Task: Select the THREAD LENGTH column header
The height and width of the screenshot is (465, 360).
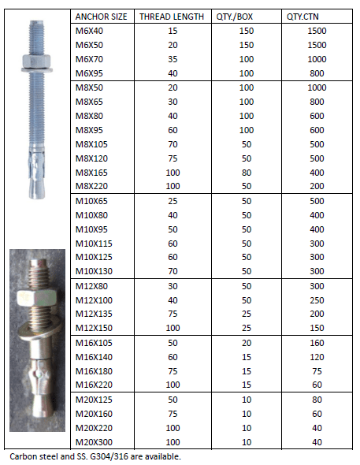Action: [x=171, y=16]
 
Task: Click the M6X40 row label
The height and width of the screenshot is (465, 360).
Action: [x=89, y=29]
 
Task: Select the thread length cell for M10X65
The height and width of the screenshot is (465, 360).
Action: [x=171, y=202]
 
